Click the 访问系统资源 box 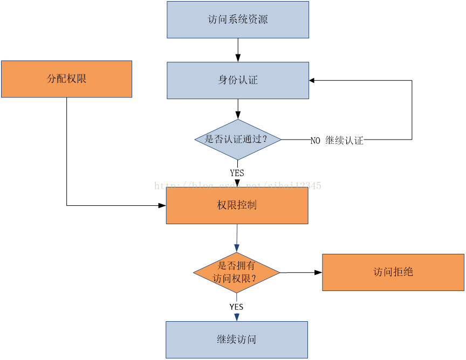[x=238, y=20]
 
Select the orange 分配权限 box [x=66, y=79]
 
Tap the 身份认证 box [x=238, y=80]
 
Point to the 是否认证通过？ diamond [x=238, y=139]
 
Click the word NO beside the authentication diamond [x=316, y=141]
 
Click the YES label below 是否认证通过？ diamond [x=237, y=173]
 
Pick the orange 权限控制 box [x=237, y=205]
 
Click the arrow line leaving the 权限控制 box [x=237, y=235]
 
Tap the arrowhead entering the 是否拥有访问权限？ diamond [x=237, y=248]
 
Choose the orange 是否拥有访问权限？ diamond [x=236, y=272]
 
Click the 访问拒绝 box [x=393, y=272]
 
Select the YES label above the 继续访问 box [x=236, y=307]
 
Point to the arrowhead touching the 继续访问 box [x=236, y=317]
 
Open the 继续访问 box [x=236, y=340]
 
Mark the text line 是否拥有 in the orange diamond [x=236, y=266]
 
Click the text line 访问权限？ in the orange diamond [x=235, y=279]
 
